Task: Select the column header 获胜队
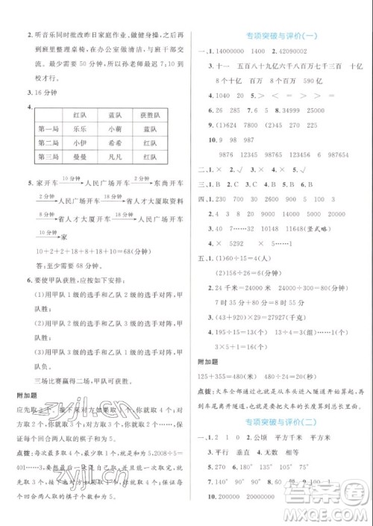click(154, 114)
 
